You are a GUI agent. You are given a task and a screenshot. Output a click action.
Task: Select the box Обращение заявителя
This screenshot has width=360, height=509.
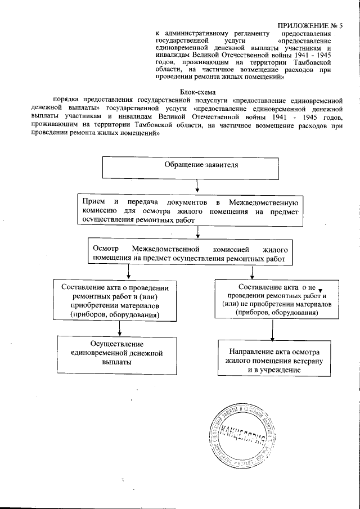(190, 168)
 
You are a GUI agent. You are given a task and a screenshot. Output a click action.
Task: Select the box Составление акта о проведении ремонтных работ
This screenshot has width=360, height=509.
(115, 301)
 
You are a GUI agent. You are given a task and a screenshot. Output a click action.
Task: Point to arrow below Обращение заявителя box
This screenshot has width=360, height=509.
(196, 187)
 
